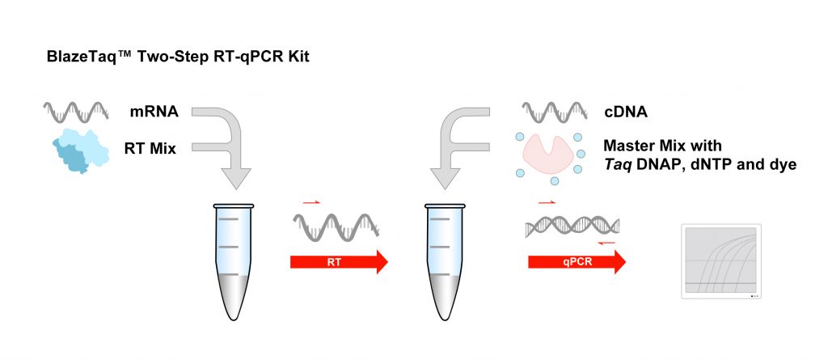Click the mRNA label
(154, 112)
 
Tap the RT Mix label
(150, 149)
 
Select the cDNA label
(626, 112)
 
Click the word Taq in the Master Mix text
(615, 165)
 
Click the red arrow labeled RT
(339, 261)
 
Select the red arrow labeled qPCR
(577, 261)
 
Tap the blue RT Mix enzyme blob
(80, 150)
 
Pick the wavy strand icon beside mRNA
(76, 112)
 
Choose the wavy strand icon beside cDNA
(555, 112)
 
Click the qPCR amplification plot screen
(720, 261)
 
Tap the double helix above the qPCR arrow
(572, 227)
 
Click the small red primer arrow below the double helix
(607, 243)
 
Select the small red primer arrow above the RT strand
(311, 202)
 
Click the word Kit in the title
(298, 57)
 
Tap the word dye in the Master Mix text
(782, 165)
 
